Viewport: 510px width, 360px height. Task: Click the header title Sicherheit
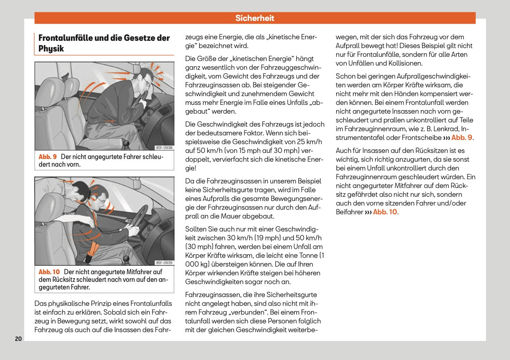coord(255,18)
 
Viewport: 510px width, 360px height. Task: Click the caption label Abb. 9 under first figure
coord(48,157)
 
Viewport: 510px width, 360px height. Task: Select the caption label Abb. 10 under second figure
coord(49,272)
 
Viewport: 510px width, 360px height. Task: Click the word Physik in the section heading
coord(51,48)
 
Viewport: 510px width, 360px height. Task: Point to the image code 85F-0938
coord(164,148)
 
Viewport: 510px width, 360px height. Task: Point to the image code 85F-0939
coord(164,262)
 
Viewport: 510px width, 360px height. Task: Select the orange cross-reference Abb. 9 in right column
coord(462,138)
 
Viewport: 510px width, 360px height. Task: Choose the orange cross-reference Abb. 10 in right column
coord(385,212)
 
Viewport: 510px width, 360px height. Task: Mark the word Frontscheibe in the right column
coord(422,138)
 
